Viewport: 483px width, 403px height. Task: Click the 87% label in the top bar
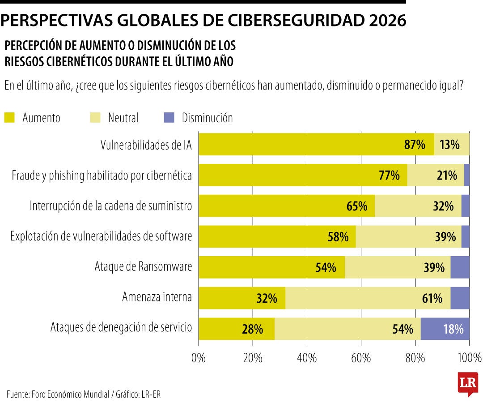[x=415, y=145]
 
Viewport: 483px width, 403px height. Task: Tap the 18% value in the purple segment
[x=453, y=330]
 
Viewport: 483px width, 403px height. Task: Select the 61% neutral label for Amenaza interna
[x=432, y=299]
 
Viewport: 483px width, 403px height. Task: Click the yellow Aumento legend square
[x=9, y=118]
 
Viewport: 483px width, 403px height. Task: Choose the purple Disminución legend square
[x=169, y=118]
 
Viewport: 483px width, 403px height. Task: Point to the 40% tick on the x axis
[x=307, y=358]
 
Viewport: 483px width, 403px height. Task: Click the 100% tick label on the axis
[x=469, y=358]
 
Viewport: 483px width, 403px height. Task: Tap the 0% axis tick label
[x=199, y=358]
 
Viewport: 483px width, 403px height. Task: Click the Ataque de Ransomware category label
[x=143, y=267]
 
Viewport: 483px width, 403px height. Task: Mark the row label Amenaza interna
[x=157, y=297]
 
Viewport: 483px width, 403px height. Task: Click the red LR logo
[x=467, y=383]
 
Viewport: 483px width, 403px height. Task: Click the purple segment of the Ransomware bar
[x=460, y=267]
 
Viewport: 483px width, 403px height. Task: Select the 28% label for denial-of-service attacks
[x=252, y=330]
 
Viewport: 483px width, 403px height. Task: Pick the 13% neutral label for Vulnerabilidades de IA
[x=449, y=145]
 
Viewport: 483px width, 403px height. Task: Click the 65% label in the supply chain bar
[x=357, y=206]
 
